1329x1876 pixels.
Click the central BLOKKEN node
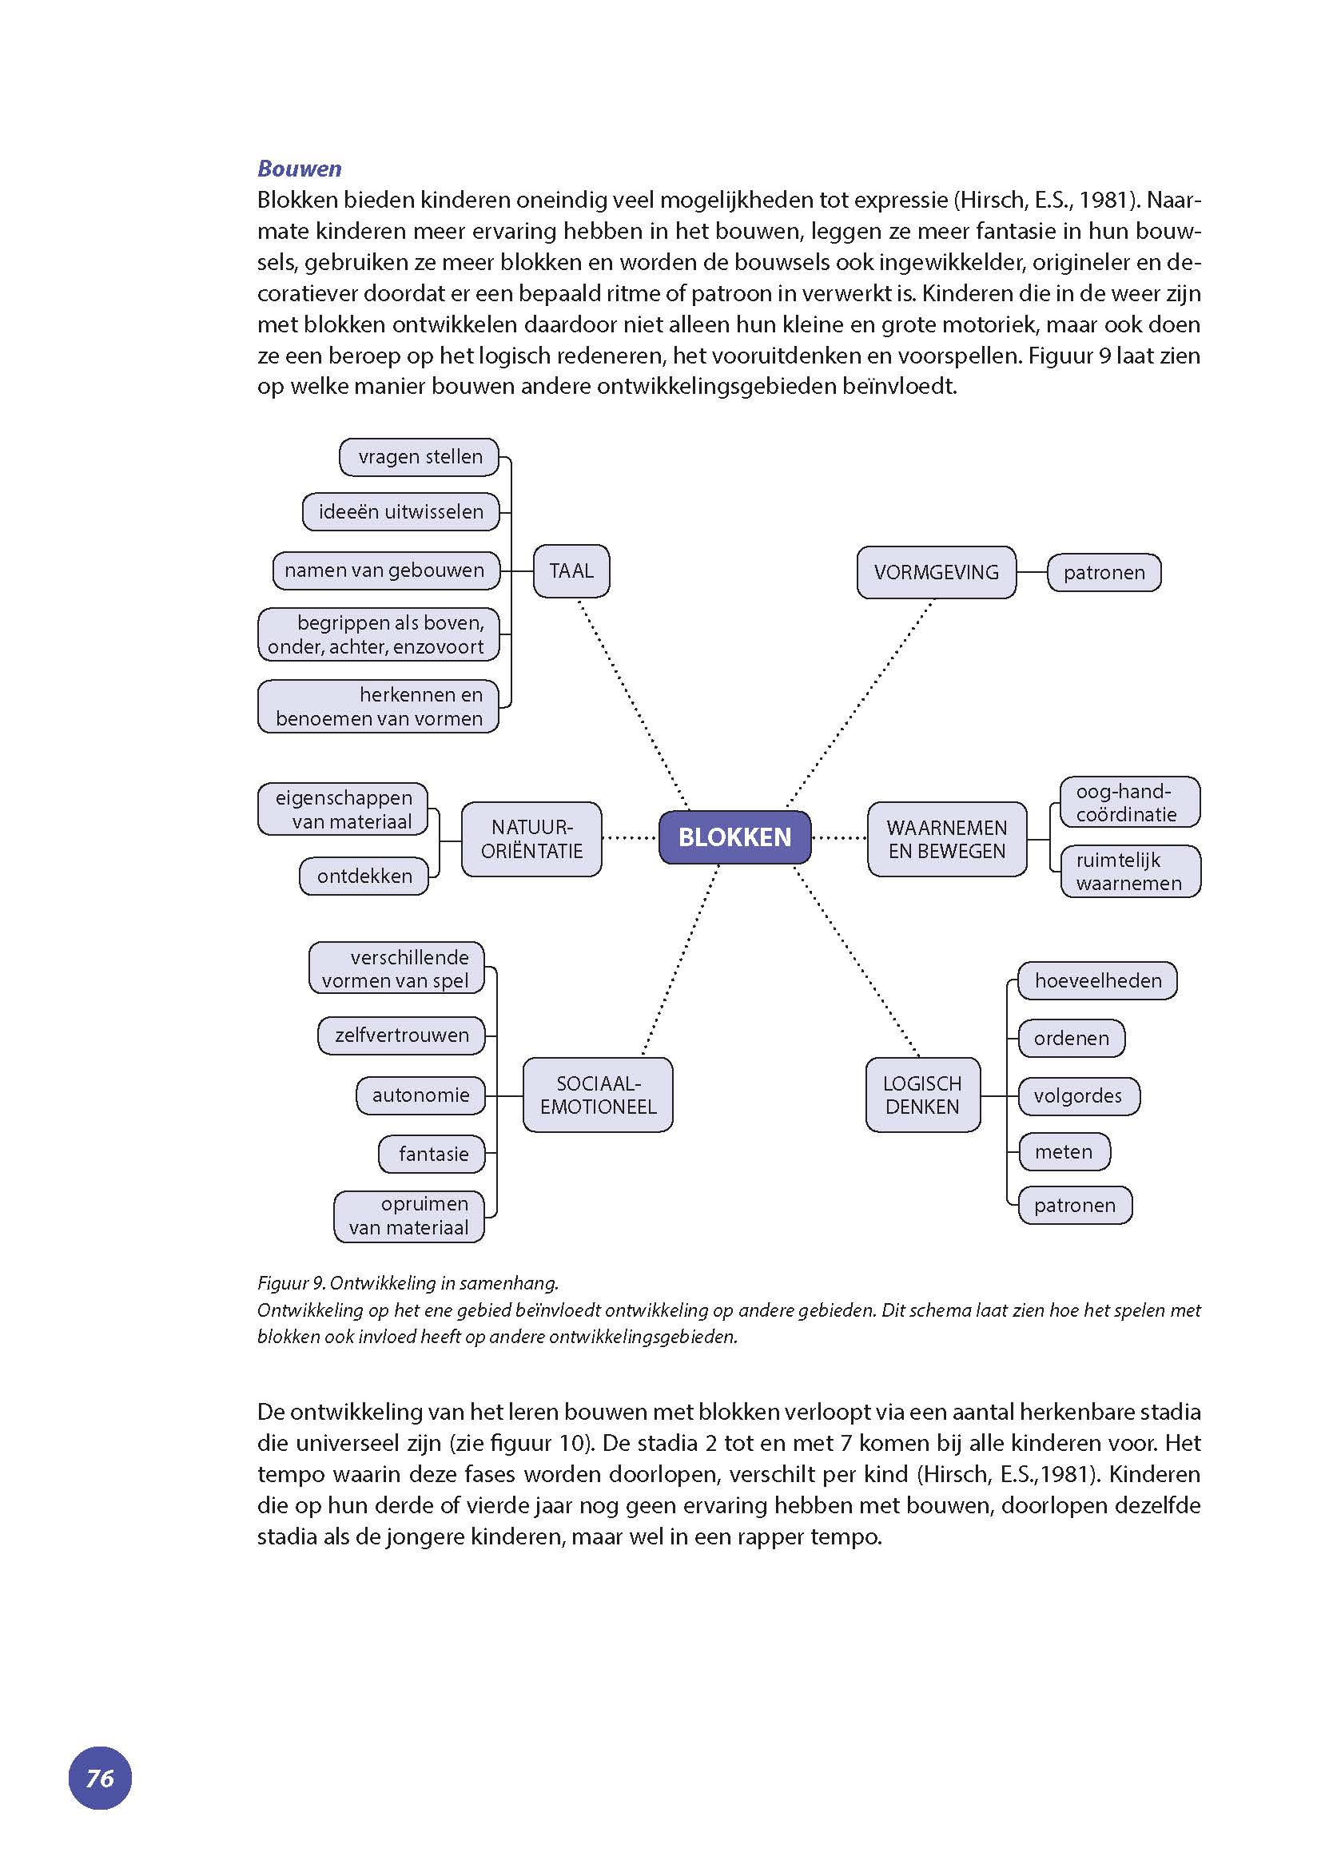click(x=734, y=837)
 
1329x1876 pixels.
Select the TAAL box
click(x=571, y=570)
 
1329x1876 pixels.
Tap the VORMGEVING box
click(x=936, y=572)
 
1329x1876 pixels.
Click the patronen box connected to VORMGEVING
click(x=1104, y=573)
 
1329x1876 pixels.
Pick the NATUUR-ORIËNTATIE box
click(x=531, y=839)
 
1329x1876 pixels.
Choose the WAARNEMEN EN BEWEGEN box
click(x=947, y=839)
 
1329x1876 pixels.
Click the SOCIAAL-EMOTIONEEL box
click(x=598, y=1095)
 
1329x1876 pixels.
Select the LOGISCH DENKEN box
click(x=922, y=1095)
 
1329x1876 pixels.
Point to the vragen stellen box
click(x=419, y=456)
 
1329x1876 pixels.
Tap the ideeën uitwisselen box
click(x=400, y=511)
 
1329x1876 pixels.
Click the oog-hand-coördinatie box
click(x=1129, y=802)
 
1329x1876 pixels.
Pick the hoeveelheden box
click(x=1097, y=980)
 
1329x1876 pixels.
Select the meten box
click(x=1064, y=1151)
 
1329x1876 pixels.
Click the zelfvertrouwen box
click(x=401, y=1035)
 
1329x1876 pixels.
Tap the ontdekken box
click(x=364, y=876)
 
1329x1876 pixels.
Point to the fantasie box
click(x=432, y=1154)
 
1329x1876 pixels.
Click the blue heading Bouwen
click(x=299, y=169)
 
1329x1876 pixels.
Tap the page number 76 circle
click(x=100, y=1778)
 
